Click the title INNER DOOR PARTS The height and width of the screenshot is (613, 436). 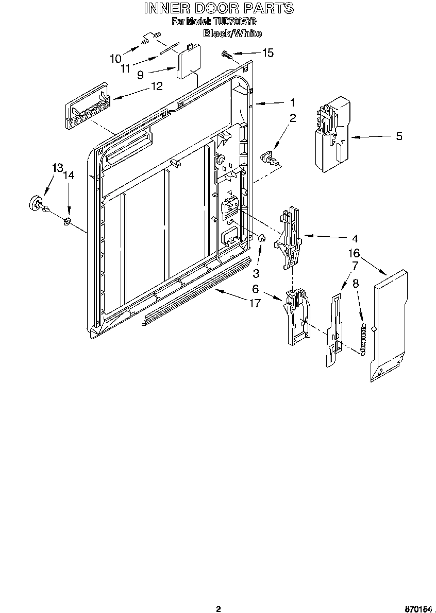[x=218, y=8]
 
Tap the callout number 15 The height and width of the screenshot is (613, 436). [x=268, y=52]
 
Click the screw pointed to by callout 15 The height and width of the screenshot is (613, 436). [x=226, y=53]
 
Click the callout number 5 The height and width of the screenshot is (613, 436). [x=399, y=136]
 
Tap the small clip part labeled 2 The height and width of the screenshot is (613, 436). [x=269, y=157]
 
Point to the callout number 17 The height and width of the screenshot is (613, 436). [x=255, y=303]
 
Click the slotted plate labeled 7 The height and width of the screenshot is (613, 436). [x=333, y=329]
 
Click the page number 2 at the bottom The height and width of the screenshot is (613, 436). [x=218, y=609]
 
